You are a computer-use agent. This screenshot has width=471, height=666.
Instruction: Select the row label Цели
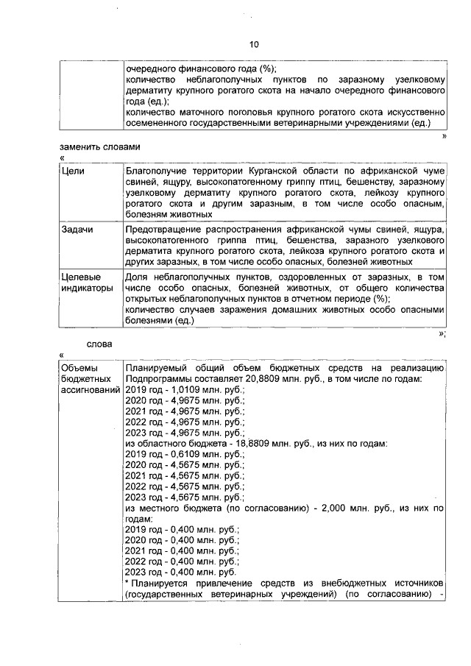75,170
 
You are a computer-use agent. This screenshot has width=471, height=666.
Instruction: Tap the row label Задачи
79,230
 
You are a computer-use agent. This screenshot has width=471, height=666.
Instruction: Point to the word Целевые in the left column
80,277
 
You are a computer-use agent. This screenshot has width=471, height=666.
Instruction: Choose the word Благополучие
156,170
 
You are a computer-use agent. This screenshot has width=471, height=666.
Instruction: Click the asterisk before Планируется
127,582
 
